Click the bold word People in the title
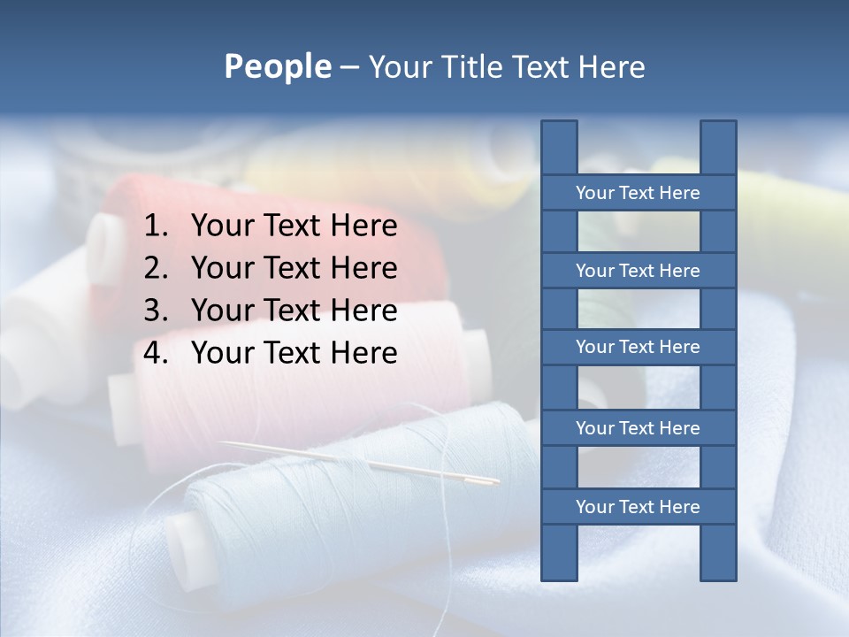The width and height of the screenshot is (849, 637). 277,66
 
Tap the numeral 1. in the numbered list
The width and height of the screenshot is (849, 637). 156,226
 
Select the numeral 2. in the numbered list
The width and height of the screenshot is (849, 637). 156,268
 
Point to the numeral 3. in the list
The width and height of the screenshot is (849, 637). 156,311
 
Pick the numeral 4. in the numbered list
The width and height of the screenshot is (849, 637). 156,353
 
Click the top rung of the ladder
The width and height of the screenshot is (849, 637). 638,193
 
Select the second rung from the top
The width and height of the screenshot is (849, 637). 638,271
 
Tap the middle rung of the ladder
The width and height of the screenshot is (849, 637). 638,348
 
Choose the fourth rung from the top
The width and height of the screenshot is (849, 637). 638,428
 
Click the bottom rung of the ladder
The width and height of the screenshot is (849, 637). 638,507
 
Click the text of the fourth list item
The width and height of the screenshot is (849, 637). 294,353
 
